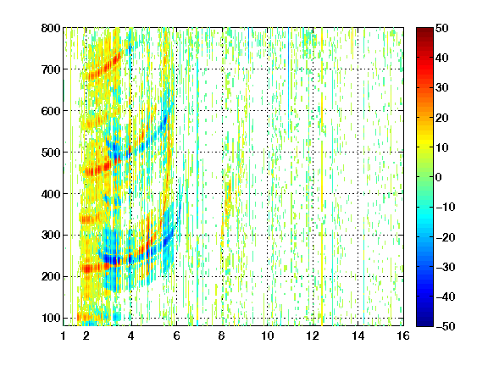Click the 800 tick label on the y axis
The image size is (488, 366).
[51, 28]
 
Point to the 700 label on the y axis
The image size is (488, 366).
[51, 69]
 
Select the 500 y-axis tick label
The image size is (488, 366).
[51, 152]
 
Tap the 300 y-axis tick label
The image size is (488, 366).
[51, 236]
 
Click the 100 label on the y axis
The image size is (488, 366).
[51, 318]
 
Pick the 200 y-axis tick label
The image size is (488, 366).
[51, 277]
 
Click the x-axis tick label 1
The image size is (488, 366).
[64, 335]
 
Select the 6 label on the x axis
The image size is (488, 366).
[176, 335]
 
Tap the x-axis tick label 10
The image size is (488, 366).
[267, 335]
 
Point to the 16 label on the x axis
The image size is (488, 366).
[403, 335]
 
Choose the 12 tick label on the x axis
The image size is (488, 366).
[313, 335]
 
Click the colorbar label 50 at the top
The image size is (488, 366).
[441, 28]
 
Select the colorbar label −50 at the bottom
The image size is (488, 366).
[446, 326]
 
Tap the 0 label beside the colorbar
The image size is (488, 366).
[439, 177]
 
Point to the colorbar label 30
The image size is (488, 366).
[441, 88]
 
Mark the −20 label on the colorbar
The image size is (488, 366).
[446, 237]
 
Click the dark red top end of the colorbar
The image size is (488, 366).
[424, 30]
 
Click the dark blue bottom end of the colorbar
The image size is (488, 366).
[424, 324]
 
